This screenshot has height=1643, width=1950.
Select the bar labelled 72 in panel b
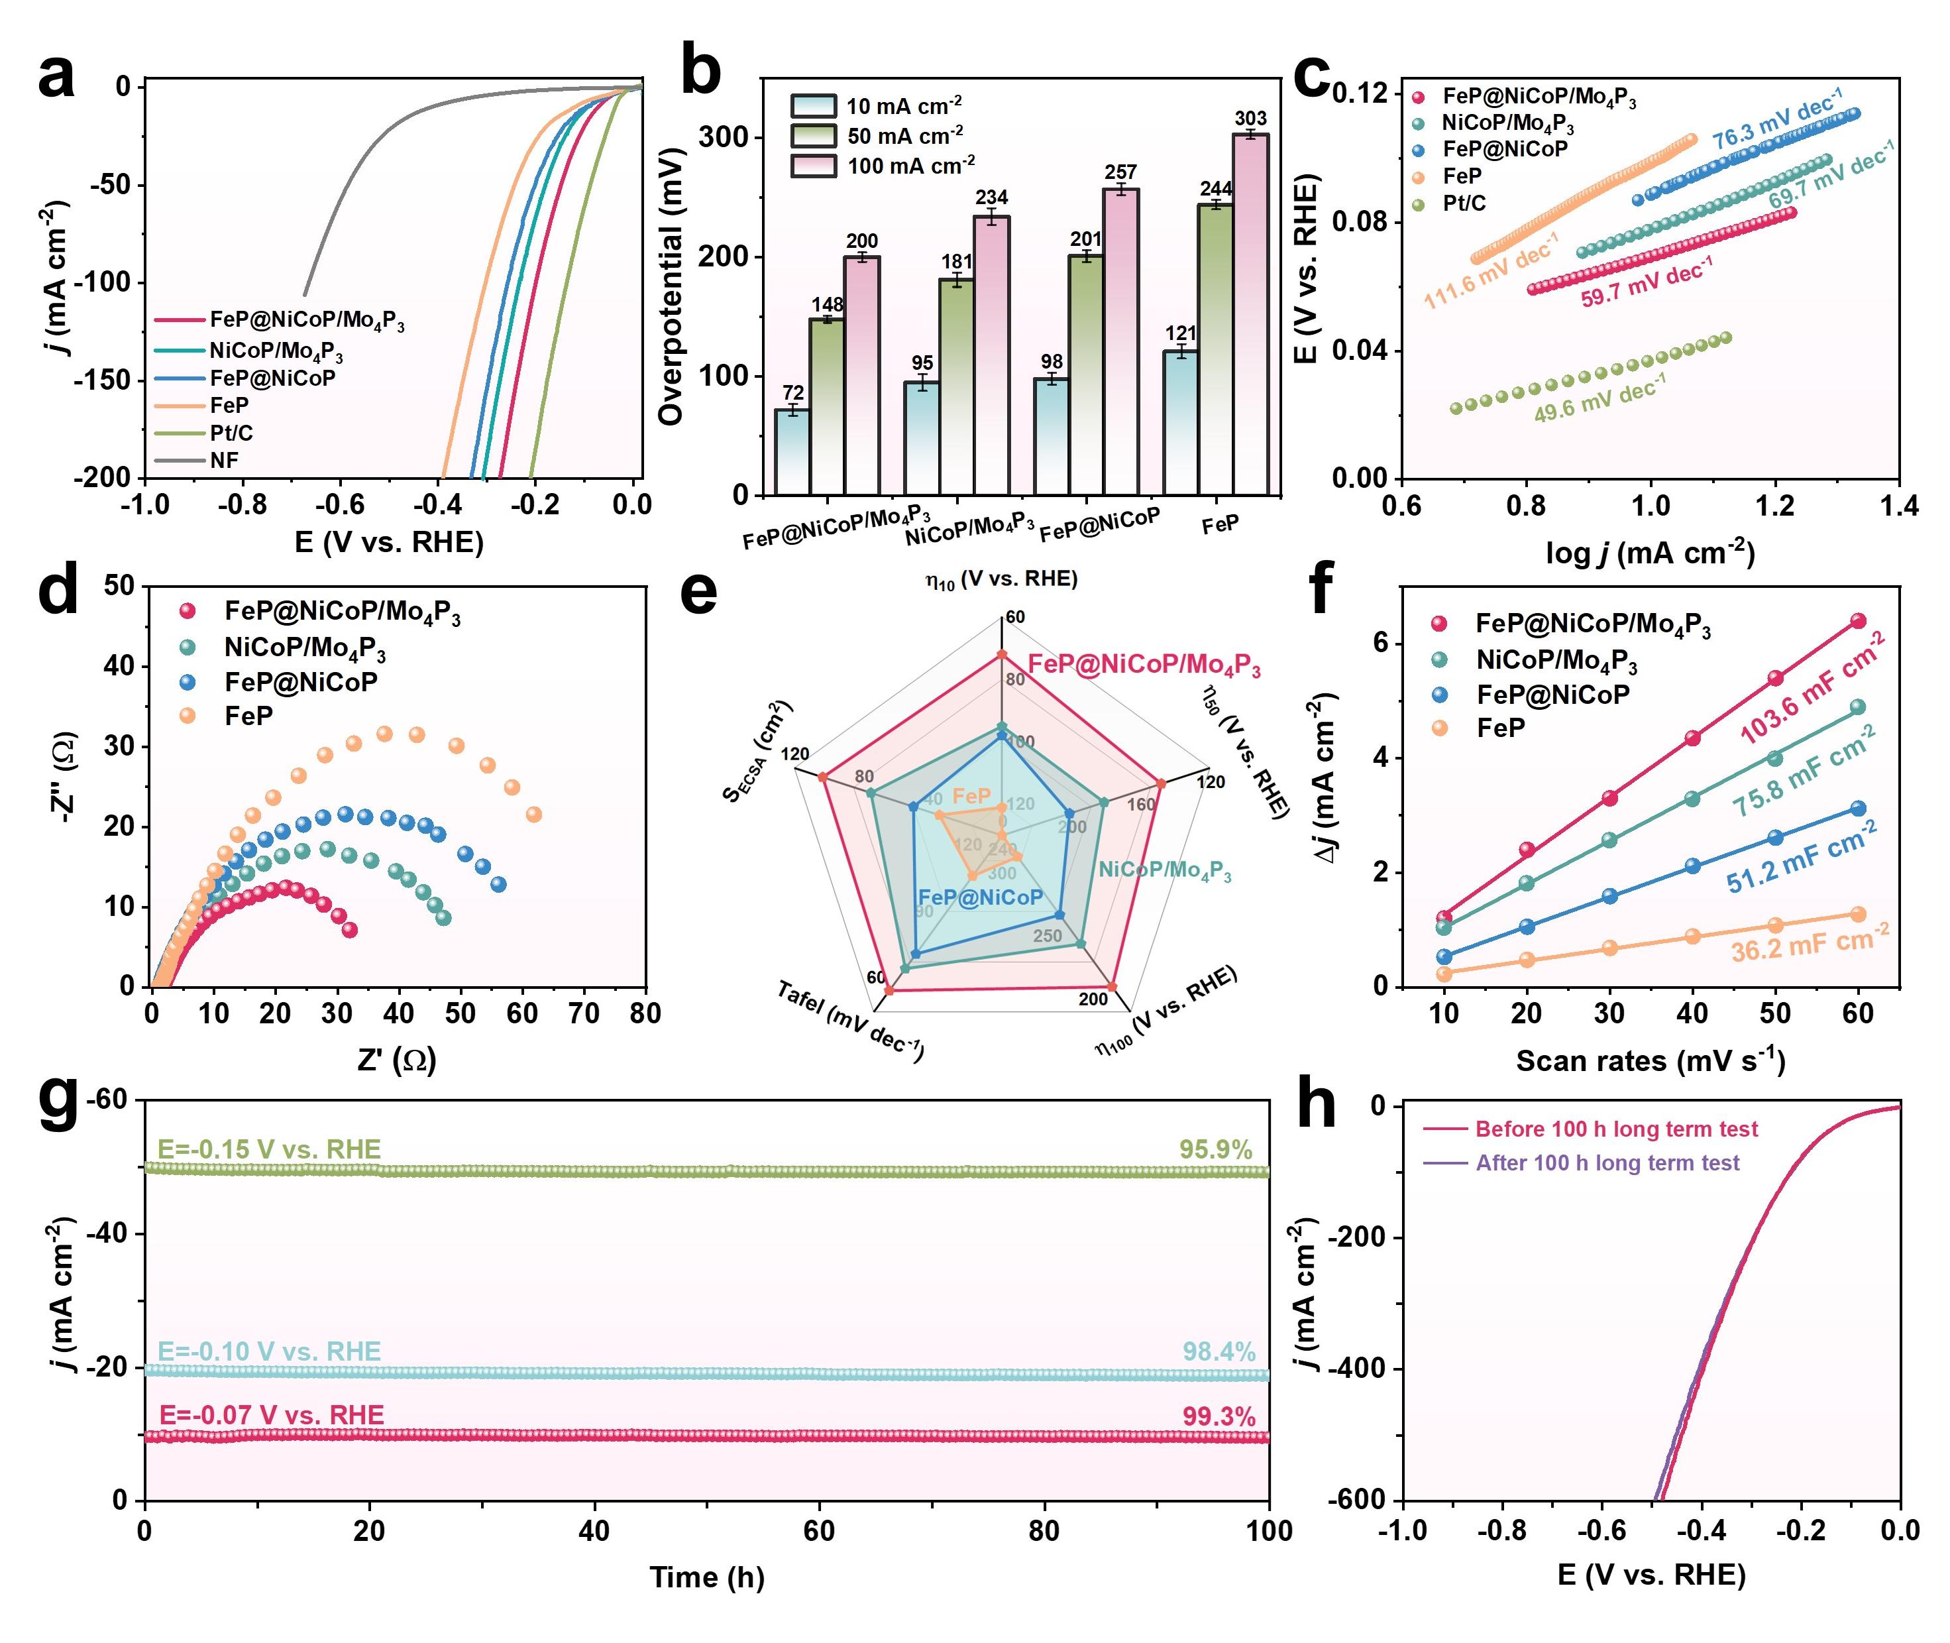(x=792, y=452)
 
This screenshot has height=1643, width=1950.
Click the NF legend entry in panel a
(x=223, y=460)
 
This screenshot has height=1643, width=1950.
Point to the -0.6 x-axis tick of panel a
(x=341, y=505)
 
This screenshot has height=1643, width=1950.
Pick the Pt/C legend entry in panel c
(x=1464, y=203)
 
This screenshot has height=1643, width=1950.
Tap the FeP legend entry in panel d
(x=248, y=716)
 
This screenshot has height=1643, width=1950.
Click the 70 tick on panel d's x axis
(x=584, y=1014)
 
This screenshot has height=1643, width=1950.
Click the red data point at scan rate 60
(x=1858, y=621)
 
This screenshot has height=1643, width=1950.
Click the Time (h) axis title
(x=707, y=1577)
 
